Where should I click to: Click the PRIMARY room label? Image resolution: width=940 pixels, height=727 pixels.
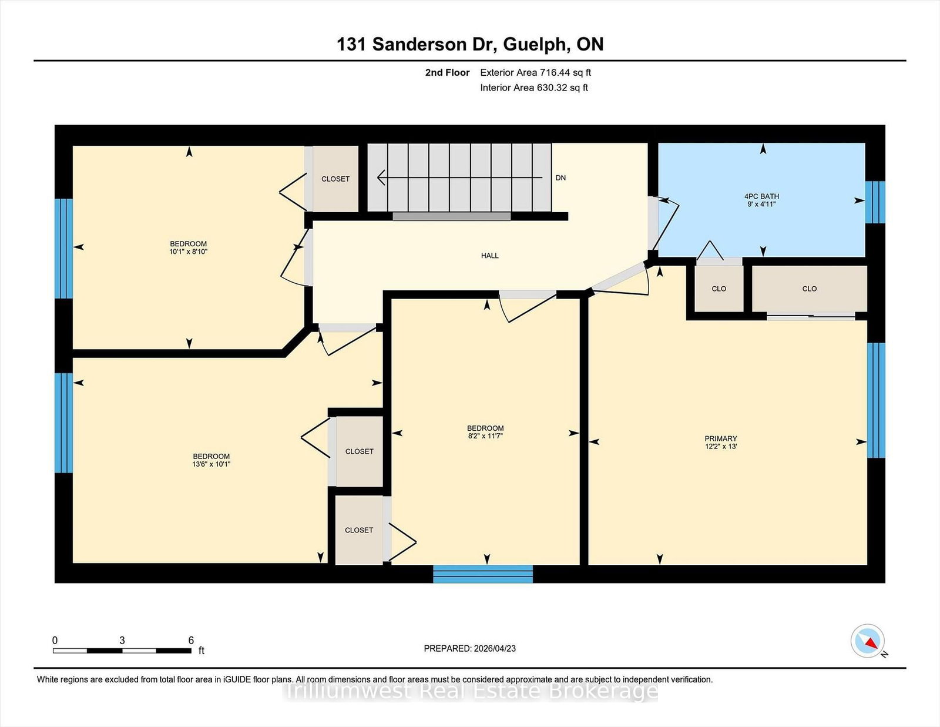(x=721, y=438)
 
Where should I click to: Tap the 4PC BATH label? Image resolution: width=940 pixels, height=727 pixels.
(x=761, y=196)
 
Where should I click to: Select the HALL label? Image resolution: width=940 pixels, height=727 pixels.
(x=490, y=256)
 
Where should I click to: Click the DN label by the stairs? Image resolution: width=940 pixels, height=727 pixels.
(x=560, y=178)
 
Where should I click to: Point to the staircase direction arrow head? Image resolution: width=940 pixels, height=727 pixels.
(x=381, y=177)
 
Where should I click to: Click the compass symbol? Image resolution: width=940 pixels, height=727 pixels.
(x=867, y=641)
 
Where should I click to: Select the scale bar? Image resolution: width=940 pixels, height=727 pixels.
(x=122, y=651)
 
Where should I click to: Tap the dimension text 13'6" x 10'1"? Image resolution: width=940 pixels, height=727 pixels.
(x=211, y=464)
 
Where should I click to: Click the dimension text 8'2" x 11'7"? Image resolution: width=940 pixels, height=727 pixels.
(x=485, y=436)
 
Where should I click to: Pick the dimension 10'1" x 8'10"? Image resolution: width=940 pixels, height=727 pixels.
(x=189, y=252)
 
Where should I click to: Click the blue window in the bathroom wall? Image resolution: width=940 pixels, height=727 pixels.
(x=875, y=202)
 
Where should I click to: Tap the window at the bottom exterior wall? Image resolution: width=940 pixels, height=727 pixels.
(x=483, y=574)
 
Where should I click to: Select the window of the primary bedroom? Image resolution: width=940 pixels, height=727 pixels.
(x=876, y=400)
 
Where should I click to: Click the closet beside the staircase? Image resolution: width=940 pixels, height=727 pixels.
(x=335, y=179)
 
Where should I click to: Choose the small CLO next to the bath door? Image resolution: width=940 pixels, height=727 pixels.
(x=719, y=289)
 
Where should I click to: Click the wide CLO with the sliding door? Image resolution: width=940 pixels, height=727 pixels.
(x=810, y=289)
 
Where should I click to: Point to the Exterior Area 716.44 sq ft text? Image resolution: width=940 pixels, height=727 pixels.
(x=536, y=73)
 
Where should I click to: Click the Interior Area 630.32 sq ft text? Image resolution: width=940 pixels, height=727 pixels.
(x=534, y=88)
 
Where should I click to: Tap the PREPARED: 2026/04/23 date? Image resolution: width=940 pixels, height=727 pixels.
(x=470, y=649)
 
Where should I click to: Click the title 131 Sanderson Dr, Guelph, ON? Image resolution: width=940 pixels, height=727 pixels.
(x=470, y=45)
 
